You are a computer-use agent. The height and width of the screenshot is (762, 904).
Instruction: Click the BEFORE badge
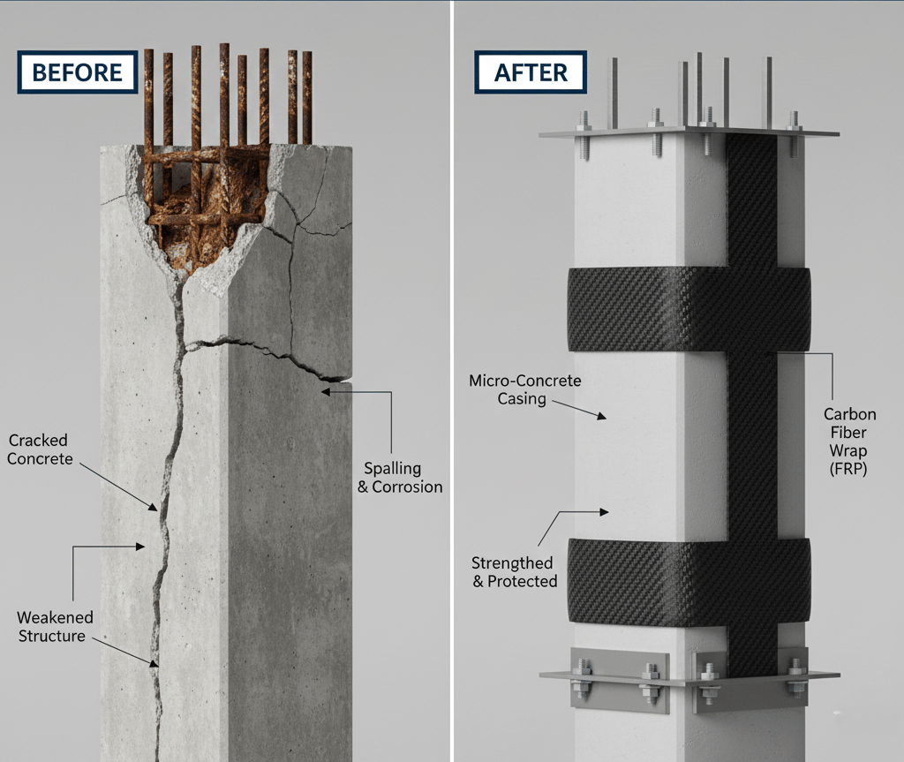[x=77, y=72]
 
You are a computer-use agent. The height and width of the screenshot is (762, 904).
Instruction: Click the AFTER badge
[x=530, y=72]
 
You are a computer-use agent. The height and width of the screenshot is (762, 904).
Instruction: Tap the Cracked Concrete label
[x=40, y=449]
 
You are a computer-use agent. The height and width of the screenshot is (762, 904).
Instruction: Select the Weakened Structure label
[x=55, y=627]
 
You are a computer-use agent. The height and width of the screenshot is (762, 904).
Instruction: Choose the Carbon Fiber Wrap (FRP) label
[x=849, y=441]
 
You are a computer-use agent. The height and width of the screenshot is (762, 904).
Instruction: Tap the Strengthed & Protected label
[x=513, y=571]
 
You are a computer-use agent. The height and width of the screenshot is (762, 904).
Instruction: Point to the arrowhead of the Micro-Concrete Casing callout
[x=605, y=416]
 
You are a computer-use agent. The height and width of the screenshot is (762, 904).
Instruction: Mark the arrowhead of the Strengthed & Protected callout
[x=605, y=511]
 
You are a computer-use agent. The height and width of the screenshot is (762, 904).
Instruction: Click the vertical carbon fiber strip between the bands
[x=751, y=441]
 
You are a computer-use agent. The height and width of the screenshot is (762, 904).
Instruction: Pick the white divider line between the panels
[x=452, y=381]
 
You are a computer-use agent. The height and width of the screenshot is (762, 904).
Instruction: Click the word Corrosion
[x=407, y=487]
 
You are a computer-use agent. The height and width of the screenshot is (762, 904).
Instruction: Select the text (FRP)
[x=849, y=470]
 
